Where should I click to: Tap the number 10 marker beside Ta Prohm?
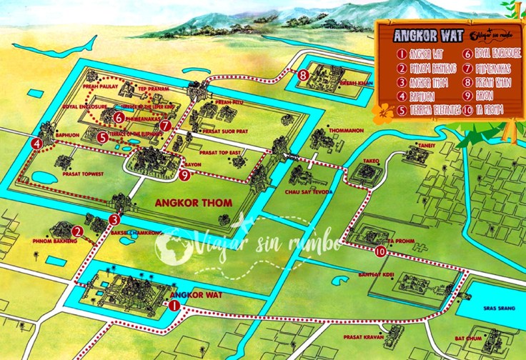click(x=380, y=251)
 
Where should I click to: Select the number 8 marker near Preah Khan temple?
click(x=304, y=74)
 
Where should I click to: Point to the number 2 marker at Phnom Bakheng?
click(x=76, y=231)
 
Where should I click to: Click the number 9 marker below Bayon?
click(x=184, y=174)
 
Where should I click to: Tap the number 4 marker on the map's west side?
click(x=36, y=144)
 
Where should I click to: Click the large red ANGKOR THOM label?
click(x=194, y=203)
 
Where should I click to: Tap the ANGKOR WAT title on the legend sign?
click(x=422, y=35)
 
